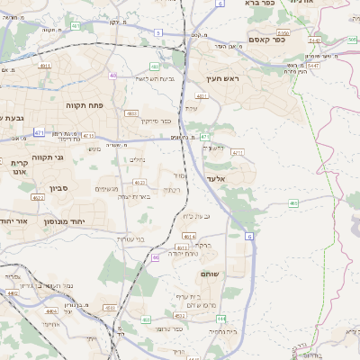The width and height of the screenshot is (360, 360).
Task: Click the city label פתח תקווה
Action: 87,105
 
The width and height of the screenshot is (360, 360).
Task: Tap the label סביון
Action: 58,189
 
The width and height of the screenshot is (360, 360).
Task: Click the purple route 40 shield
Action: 112,76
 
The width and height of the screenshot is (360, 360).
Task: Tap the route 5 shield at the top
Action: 158,32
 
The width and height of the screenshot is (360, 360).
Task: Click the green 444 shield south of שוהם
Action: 221,319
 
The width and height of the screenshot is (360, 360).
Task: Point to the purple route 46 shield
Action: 156,257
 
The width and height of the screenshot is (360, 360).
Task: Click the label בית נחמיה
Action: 222,331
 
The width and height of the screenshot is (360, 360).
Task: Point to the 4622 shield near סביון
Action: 38,197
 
